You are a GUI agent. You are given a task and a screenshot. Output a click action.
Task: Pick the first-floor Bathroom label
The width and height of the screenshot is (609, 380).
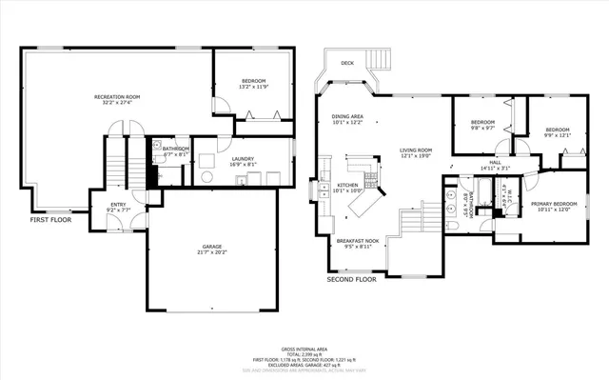tap(176, 149)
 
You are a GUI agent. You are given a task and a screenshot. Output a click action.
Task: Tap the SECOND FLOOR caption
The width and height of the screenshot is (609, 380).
tap(352, 281)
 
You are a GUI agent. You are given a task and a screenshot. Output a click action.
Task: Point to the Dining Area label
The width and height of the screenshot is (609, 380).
tap(347, 116)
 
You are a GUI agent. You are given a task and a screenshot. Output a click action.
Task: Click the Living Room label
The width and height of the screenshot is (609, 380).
tap(416, 150)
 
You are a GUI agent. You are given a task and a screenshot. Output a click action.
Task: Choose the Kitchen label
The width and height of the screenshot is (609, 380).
tap(347, 185)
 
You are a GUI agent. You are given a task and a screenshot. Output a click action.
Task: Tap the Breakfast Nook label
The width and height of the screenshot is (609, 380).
tap(358, 240)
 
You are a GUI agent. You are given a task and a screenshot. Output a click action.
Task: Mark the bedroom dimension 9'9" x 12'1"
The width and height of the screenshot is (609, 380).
tap(557, 135)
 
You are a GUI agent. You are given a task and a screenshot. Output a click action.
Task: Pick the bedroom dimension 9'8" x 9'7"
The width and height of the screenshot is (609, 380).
tap(483, 128)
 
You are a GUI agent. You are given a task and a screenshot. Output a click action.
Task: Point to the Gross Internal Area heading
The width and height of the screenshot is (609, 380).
tap(304, 350)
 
